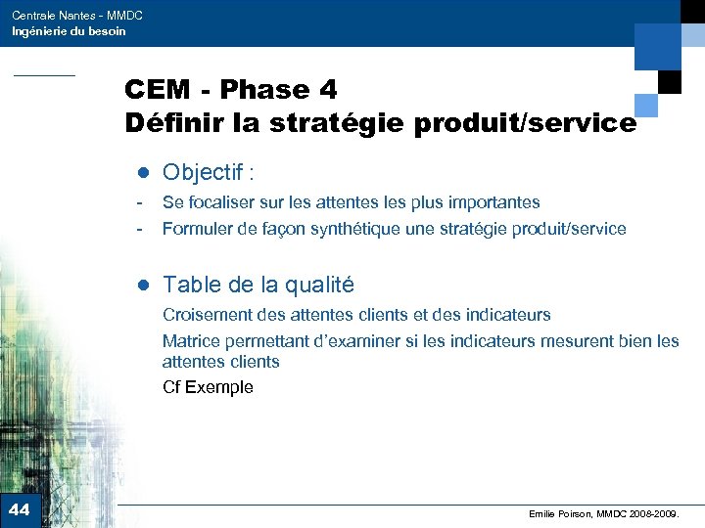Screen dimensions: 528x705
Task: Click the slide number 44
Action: pyautogui.click(x=20, y=509)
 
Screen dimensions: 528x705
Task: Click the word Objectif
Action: pyautogui.click(x=203, y=173)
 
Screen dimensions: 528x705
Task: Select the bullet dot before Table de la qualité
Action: pyautogui.click(x=142, y=286)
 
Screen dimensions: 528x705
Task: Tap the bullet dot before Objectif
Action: pyautogui.click(x=142, y=174)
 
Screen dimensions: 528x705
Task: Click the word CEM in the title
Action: pyautogui.click(x=157, y=90)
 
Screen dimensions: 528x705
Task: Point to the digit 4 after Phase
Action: pyautogui.click(x=327, y=90)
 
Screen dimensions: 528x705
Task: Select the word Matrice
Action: pyautogui.click(x=191, y=341)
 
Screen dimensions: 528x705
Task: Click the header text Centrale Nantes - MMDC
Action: pyautogui.click(x=77, y=16)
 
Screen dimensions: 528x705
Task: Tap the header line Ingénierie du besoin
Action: pyautogui.click(x=69, y=31)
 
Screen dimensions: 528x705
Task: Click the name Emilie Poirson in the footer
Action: pyautogui.click(x=560, y=513)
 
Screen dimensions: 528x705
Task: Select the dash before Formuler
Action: pyautogui.click(x=141, y=229)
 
